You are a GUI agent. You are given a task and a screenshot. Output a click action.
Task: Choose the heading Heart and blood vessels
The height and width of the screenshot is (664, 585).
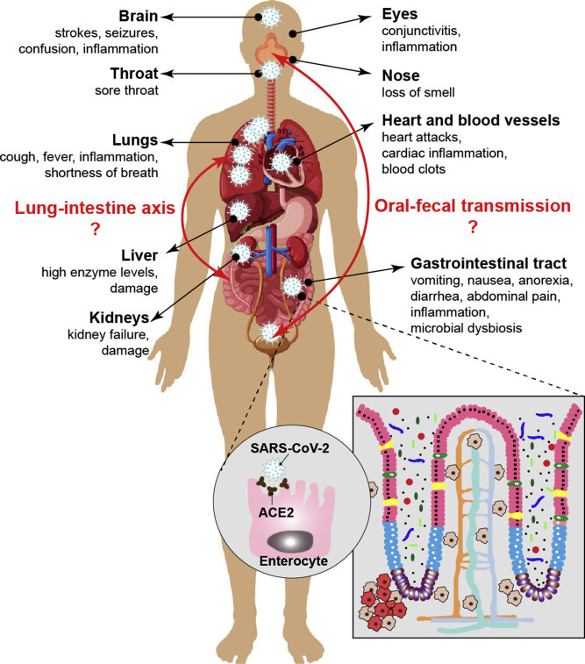tap(472, 119)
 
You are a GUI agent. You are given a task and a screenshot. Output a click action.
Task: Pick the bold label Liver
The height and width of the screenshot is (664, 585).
tap(138, 255)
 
